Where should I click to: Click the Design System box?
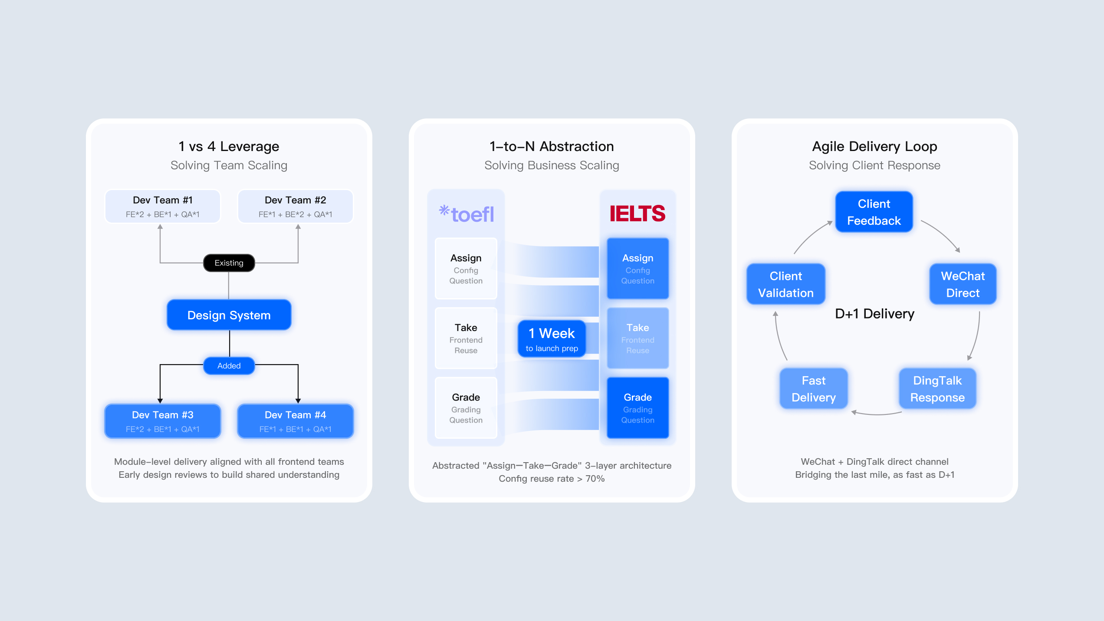click(x=229, y=315)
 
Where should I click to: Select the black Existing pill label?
click(x=229, y=263)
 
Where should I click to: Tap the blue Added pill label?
click(x=229, y=366)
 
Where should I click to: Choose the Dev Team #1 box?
click(x=163, y=207)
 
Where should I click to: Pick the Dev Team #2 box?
click(x=295, y=207)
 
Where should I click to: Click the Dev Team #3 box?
click(x=163, y=421)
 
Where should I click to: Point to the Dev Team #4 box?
click(x=295, y=421)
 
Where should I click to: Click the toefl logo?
click(x=467, y=214)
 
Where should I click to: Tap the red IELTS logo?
click(x=637, y=214)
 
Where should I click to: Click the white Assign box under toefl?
click(x=466, y=269)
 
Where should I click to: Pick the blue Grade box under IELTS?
click(x=637, y=408)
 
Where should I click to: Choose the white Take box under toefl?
click(x=466, y=338)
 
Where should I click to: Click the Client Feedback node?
click(x=874, y=212)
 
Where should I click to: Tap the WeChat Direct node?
click(x=963, y=284)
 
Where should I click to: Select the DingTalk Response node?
click(x=937, y=389)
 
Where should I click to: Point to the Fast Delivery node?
click(x=814, y=389)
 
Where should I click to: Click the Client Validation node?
click(x=785, y=284)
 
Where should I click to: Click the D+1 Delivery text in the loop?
click(x=874, y=314)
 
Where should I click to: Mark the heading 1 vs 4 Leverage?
click(x=229, y=147)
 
